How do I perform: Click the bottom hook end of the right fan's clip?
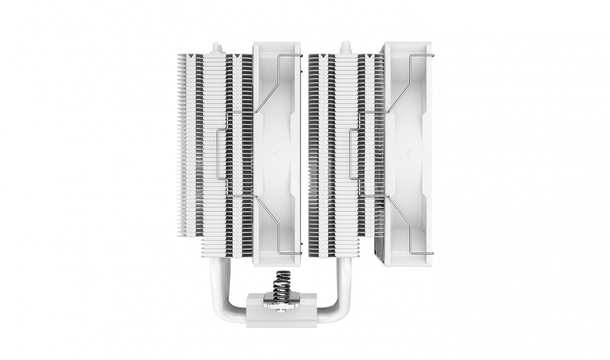(430, 251)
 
